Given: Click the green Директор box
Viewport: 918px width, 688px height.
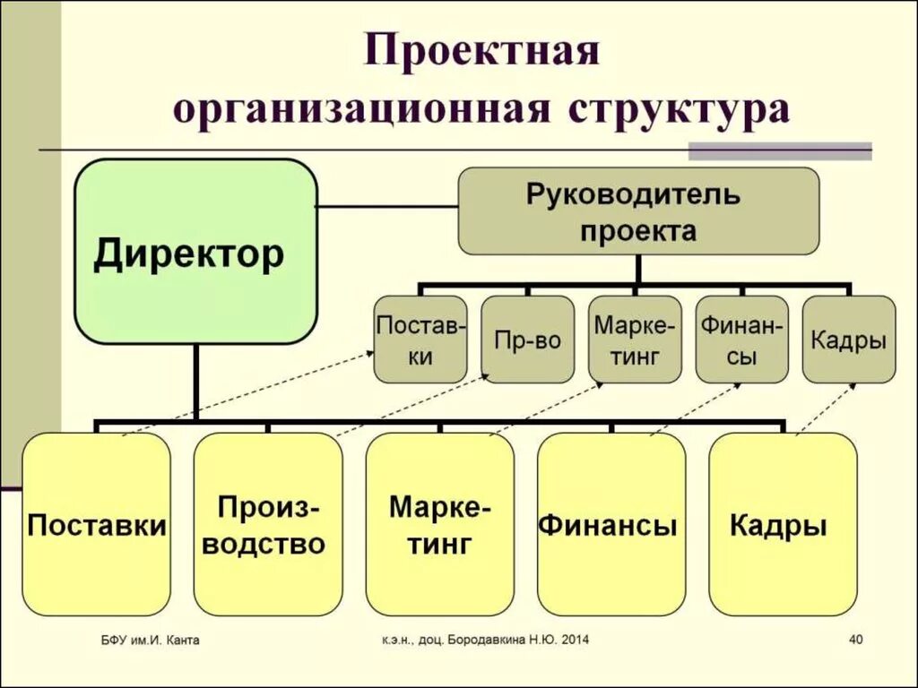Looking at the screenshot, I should [x=195, y=252].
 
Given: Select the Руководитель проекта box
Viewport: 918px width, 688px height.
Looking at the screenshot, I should [x=638, y=211].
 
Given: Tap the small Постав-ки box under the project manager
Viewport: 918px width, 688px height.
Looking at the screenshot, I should [x=420, y=340].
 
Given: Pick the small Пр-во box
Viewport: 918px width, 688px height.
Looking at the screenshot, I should [x=527, y=340].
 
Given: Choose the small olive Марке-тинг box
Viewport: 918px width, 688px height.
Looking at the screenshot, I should [x=635, y=340].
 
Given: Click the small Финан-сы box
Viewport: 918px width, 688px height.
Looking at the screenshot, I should [x=741, y=340].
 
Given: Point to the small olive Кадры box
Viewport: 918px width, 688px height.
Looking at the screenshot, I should [x=848, y=340].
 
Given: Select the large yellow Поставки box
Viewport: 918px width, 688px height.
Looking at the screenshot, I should [x=97, y=524].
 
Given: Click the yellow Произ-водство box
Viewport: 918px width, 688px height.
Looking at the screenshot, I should [x=267, y=524].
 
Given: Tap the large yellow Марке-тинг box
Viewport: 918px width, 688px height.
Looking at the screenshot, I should [x=439, y=524].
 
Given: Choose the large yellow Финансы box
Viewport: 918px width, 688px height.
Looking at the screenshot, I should [x=611, y=524].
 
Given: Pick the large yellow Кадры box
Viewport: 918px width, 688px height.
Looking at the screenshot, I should [x=782, y=524].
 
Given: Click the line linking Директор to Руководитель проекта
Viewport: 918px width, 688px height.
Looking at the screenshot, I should [x=387, y=207].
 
